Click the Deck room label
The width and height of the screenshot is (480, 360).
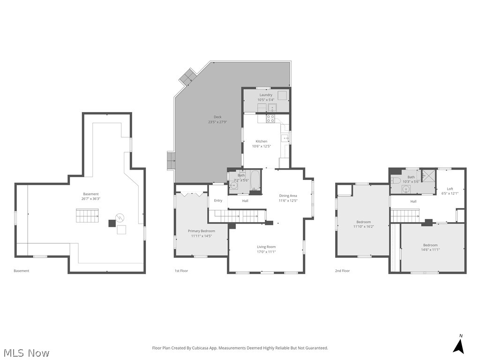click(x=217, y=117)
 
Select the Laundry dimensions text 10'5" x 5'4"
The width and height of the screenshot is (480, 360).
click(x=266, y=100)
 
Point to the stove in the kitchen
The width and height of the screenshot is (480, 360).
click(x=270, y=119)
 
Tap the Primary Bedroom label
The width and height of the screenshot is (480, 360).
click(x=202, y=231)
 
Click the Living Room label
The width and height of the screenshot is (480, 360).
click(x=266, y=247)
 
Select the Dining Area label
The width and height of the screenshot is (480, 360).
click(x=288, y=195)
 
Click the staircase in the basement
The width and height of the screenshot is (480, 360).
click(x=88, y=217)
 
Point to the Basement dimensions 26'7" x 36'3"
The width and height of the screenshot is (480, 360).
click(x=91, y=199)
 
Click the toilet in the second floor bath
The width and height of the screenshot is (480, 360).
click(x=396, y=180)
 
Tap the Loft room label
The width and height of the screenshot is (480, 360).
click(x=450, y=188)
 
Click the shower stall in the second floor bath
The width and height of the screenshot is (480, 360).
click(x=428, y=175)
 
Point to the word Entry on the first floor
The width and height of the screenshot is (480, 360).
click(x=218, y=201)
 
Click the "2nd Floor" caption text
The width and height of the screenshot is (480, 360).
click(x=342, y=271)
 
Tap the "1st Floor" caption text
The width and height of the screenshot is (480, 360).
click(x=181, y=271)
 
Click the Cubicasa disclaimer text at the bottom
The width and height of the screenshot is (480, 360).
click(x=240, y=348)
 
